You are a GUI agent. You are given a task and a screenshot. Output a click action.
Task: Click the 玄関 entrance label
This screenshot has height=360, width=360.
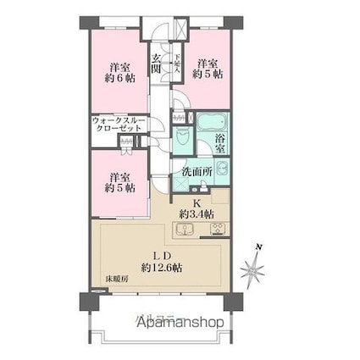[157, 64]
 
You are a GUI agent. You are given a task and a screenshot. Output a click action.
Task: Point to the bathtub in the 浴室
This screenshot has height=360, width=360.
[212, 121]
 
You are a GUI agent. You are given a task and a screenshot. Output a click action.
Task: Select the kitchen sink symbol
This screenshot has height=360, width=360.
[186, 228]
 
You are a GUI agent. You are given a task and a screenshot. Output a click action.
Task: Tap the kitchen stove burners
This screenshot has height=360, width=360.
[216, 227]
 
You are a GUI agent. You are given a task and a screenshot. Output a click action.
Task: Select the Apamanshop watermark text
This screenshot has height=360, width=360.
[180, 323]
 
